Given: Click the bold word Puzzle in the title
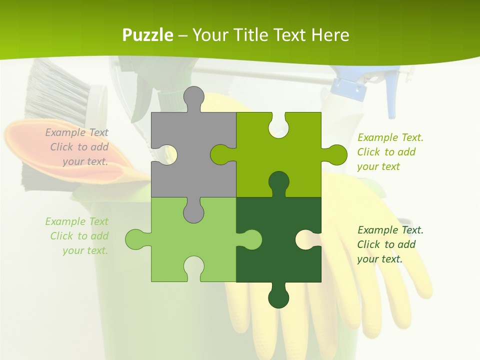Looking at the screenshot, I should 147,35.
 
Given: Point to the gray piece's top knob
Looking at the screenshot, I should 193,97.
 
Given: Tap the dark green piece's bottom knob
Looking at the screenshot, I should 278,297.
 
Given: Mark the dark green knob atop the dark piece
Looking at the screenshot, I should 278,182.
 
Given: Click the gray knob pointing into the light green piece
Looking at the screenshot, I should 193,212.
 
